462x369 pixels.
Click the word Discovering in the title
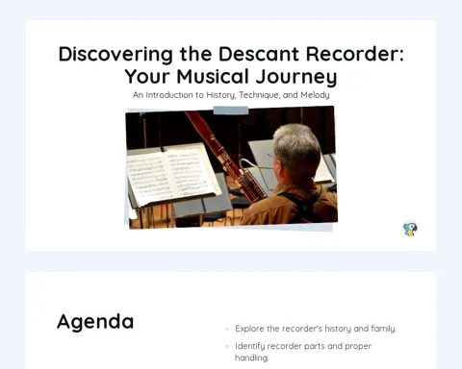coord(115,54)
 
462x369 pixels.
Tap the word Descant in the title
coord(259,54)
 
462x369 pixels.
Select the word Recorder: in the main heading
coord(355,54)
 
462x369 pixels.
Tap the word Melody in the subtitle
coord(315,95)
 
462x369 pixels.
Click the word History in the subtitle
coord(221,95)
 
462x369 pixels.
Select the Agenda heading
coord(95,322)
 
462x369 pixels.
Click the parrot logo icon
coord(410,229)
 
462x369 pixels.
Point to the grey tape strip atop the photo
coord(231,111)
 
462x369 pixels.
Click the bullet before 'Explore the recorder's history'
coord(227,329)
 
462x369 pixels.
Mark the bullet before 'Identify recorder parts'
coord(227,346)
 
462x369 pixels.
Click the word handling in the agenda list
coord(251,357)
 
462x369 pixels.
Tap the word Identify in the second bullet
coord(249,346)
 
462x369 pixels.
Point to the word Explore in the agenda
coord(249,329)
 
